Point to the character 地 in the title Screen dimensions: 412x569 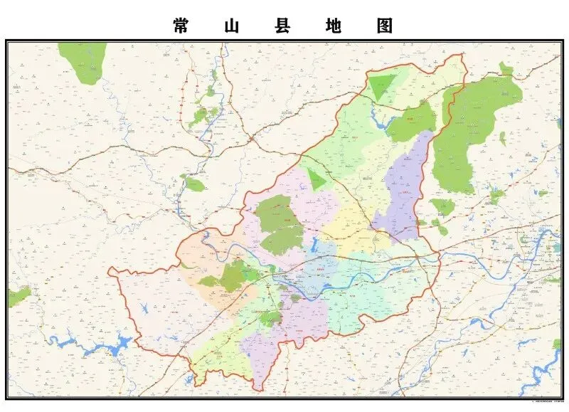[x=334, y=26]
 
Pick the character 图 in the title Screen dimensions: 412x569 [x=385, y=26]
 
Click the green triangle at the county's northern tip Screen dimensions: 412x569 [x=383, y=85]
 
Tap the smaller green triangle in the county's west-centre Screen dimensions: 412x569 [x=317, y=180]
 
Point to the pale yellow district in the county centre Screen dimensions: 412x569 [x=349, y=224]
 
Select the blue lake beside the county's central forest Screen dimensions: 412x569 [x=312, y=245]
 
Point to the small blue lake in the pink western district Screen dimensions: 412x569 [x=145, y=310]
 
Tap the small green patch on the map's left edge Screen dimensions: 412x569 [x=17, y=295]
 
